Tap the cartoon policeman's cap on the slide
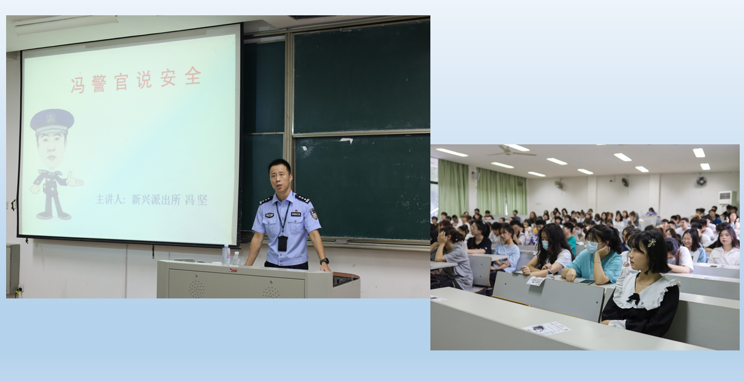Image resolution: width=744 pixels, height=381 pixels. click(52, 121)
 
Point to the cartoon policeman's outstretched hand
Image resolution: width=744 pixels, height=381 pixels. click(75, 180)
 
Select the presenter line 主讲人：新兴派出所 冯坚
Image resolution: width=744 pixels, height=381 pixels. click(152, 199)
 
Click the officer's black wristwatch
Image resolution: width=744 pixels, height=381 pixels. click(324, 261)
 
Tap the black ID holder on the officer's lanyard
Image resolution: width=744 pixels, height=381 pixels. click(282, 243)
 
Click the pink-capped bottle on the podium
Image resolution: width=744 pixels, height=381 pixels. click(226, 255)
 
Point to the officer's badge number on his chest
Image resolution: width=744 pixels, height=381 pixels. click(296, 214)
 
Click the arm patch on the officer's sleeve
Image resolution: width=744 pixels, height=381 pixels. click(313, 213)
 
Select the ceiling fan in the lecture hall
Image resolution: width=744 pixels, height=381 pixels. click(512, 152)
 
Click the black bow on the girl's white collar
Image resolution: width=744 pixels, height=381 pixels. click(634, 298)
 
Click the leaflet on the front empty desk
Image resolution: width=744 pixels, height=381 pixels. click(547, 328)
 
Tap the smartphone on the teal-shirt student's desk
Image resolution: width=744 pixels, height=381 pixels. click(586, 282)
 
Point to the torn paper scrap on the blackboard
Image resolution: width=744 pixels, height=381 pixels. click(346, 141)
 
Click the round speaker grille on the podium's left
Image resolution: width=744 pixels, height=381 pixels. click(197, 289)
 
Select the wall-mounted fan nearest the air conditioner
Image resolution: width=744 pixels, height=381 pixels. click(701, 181)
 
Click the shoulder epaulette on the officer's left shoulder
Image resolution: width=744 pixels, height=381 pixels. click(303, 198)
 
